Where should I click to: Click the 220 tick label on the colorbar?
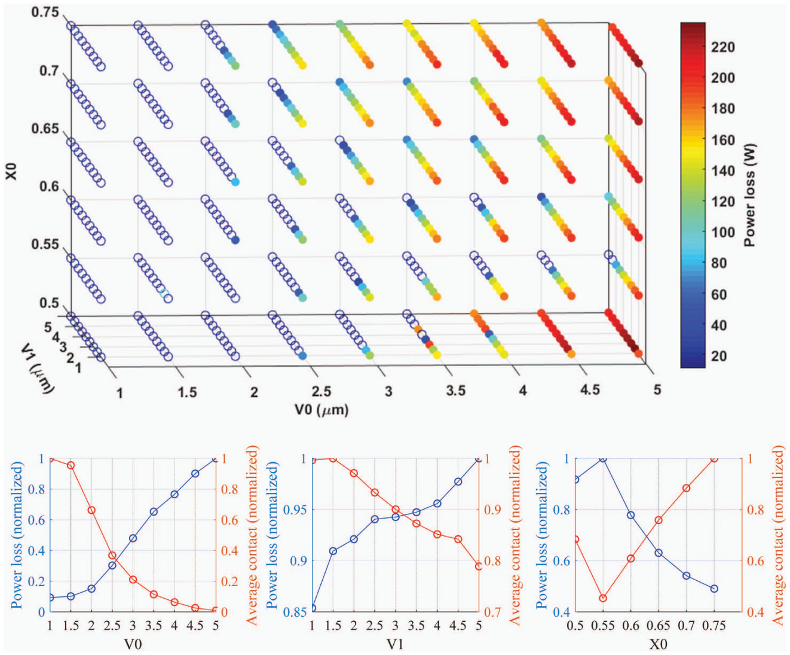click(x=722, y=47)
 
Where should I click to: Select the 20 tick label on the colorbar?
click(x=719, y=356)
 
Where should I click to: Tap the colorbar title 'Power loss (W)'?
click(x=749, y=195)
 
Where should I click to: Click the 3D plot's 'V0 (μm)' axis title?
click(x=321, y=410)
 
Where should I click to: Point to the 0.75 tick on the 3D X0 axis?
click(x=45, y=12)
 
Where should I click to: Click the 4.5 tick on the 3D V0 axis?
click(x=590, y=390)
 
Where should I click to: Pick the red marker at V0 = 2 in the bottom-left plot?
click(x=91, y=510)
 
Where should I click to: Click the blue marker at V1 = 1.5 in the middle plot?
click(x=333, y=551)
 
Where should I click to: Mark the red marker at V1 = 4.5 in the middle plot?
click(x=458, y=539)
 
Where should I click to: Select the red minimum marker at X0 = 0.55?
click(x=603, y=598)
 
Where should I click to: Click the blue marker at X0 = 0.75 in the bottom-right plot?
click(x=714, y=589)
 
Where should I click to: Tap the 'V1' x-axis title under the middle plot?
click(x=395, y=644)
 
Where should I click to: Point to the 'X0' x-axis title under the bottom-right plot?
click(x=658, y=644)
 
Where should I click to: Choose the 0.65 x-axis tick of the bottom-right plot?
click(x=658, y=626)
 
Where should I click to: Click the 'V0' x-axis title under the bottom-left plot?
click(x=133, y=644)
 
